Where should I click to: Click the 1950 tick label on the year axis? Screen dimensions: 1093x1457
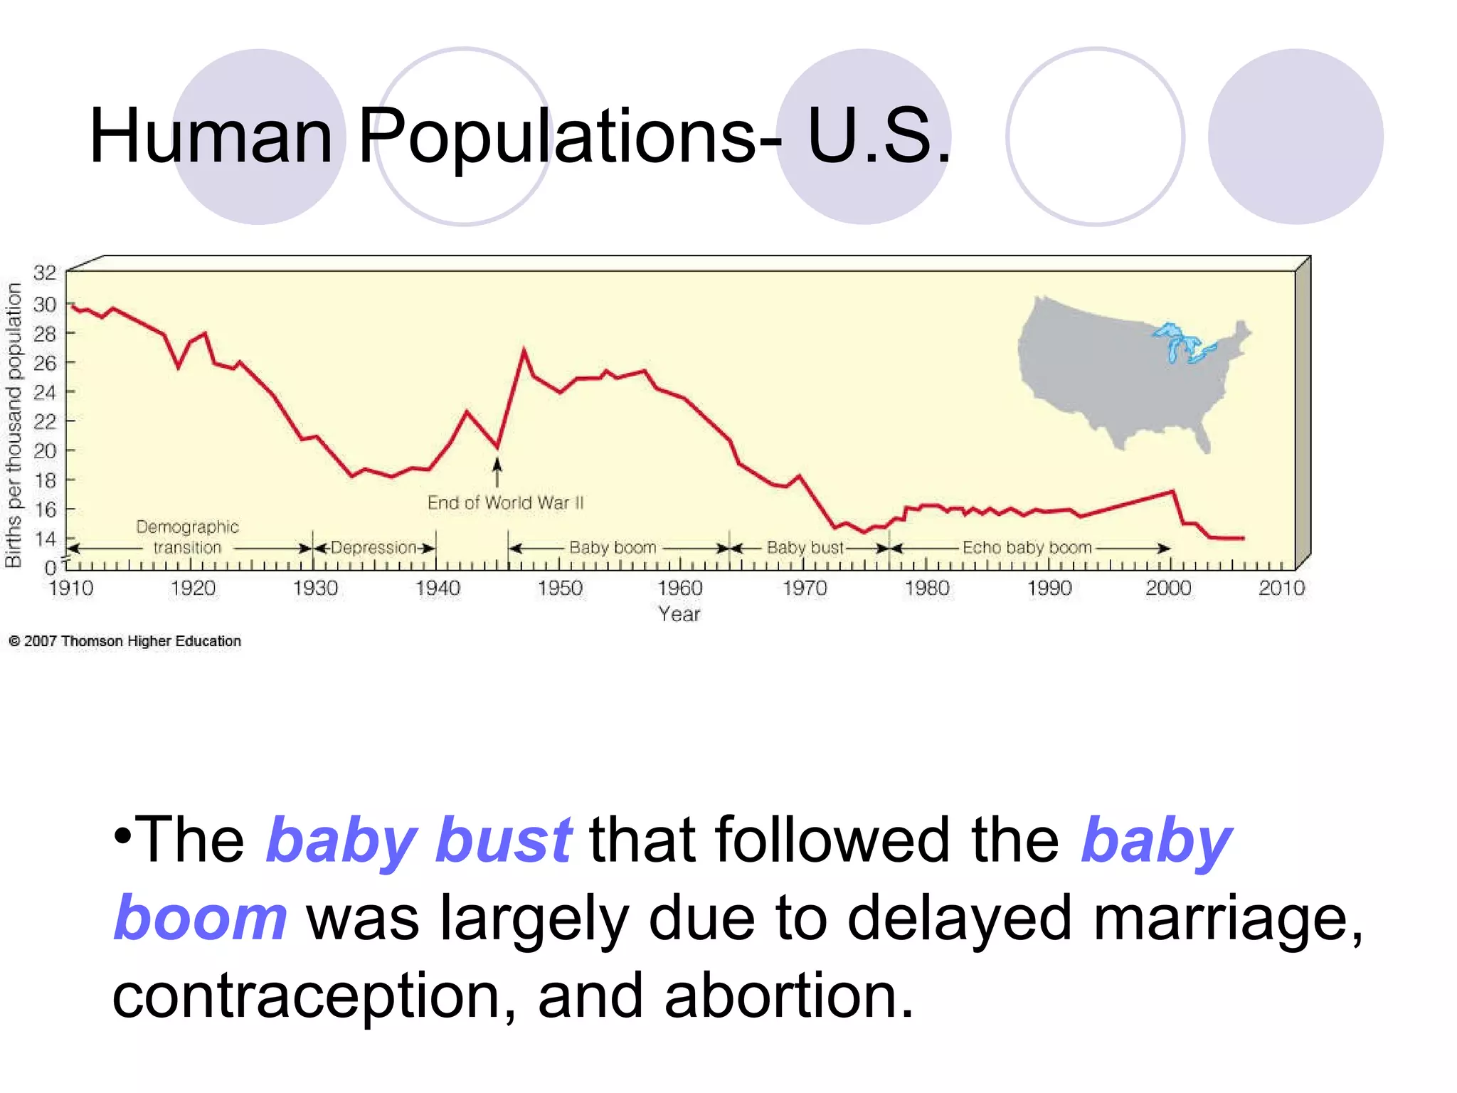coord(560,588)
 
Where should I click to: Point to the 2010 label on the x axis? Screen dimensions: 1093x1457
coord(1281,588)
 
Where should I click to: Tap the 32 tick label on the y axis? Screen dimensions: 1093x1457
coord(44,273)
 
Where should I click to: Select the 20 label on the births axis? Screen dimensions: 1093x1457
coord(44,450)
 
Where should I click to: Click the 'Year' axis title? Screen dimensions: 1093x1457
coord(679,614)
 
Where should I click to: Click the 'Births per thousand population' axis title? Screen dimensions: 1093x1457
coord(14,426)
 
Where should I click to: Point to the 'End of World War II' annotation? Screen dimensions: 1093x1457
coord(505,503)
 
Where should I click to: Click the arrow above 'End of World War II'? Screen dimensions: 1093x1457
coord(497,472)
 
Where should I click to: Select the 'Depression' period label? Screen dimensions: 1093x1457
coord(373,548)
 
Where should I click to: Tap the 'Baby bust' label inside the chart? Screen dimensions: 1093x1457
coord(805,548)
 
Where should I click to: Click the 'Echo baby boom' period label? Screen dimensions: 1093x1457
coord(1027,548)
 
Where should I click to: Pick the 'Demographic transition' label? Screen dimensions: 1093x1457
coord(187,537)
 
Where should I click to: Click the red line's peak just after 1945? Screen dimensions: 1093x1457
coord(524,350)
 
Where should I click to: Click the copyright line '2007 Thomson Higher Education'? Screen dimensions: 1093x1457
coord(125,641)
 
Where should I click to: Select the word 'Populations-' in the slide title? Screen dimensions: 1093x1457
coord(569,136)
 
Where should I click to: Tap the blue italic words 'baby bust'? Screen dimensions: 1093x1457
coord(419,840)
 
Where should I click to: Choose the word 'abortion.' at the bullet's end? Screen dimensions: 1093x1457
coord(788,996)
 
